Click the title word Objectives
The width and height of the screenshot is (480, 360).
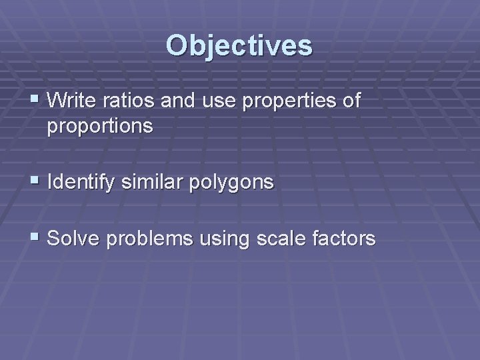tap(239, 45)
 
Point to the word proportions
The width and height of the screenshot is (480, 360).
tap(100, 126)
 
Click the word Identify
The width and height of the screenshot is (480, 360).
tap(83, 182)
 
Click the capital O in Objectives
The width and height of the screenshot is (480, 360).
tap(176, 45)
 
